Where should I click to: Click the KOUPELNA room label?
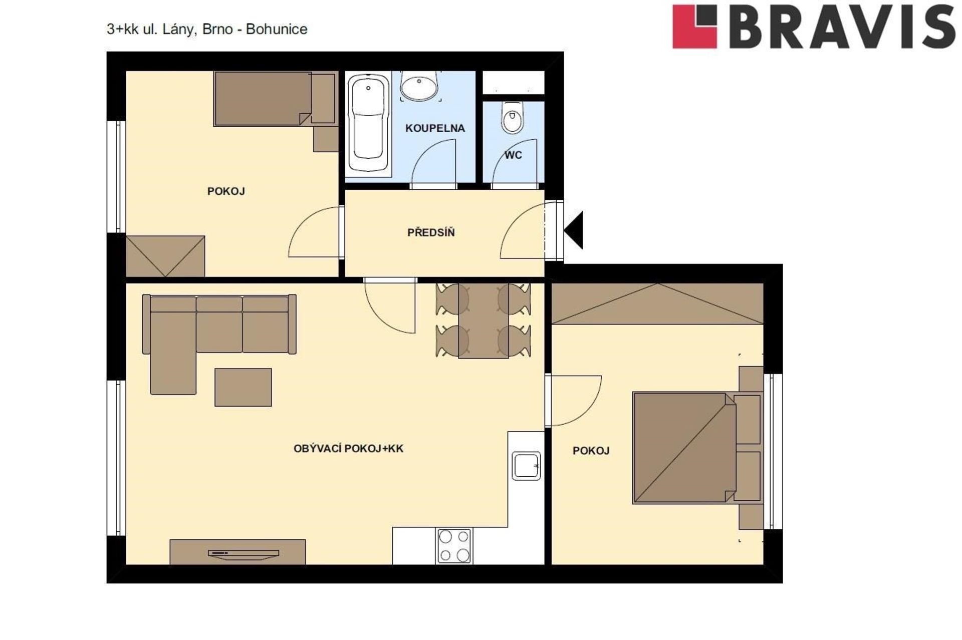coord(435,128)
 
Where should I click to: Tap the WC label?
coord(513,155)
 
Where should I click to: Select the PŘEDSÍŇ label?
coord(431,232)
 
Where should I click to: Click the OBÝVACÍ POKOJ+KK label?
coord(348,449)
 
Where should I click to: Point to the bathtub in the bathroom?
coord(368,123)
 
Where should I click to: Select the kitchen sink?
coord(526,466)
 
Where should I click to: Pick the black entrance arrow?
coord(574,230)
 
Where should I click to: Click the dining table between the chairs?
coord(483,321)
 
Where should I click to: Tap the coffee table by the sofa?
coord(243,387)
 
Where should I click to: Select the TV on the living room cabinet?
coord(244,553)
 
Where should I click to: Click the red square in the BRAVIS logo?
coord(694,27)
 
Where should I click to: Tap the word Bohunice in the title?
coord(277,29)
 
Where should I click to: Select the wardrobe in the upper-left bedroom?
coord(165,256)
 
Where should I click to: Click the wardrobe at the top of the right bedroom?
coord(657,303)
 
